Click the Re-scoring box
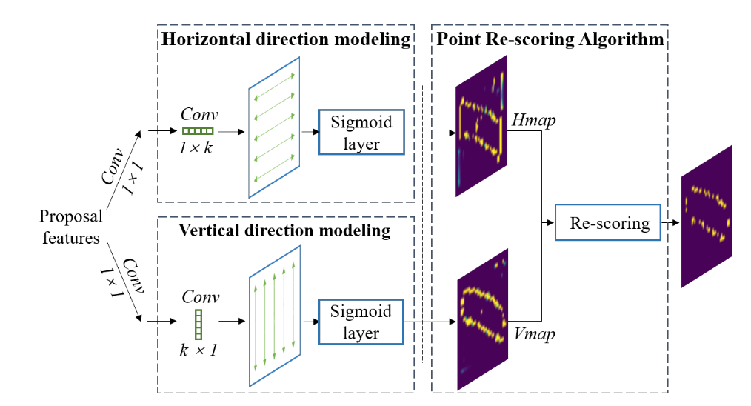coord(607,222)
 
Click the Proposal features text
coord(70,227)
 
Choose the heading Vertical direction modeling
coord(284,230)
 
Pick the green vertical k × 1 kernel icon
coord(198,322)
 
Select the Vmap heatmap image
coord(481,319)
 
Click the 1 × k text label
coord(196,147)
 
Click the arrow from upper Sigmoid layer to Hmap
coord(430,133)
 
